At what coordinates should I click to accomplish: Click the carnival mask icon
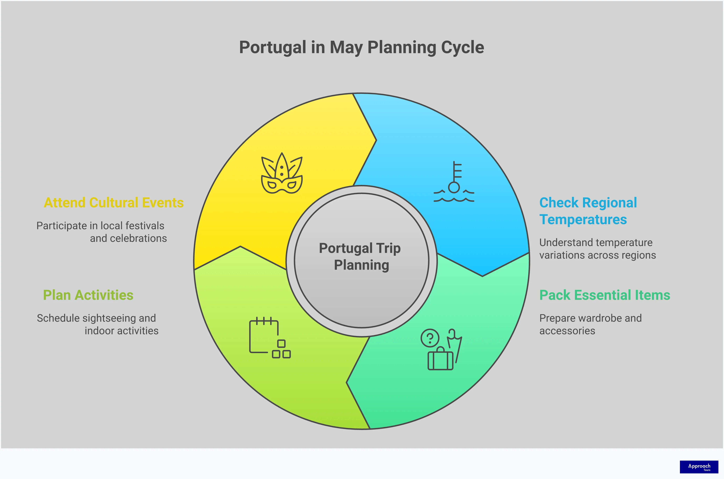coord(282,174)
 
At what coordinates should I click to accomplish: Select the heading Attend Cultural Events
coord(113,203)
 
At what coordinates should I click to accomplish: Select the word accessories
coord(567,331)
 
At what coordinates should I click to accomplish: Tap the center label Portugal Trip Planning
coord(361,257)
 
